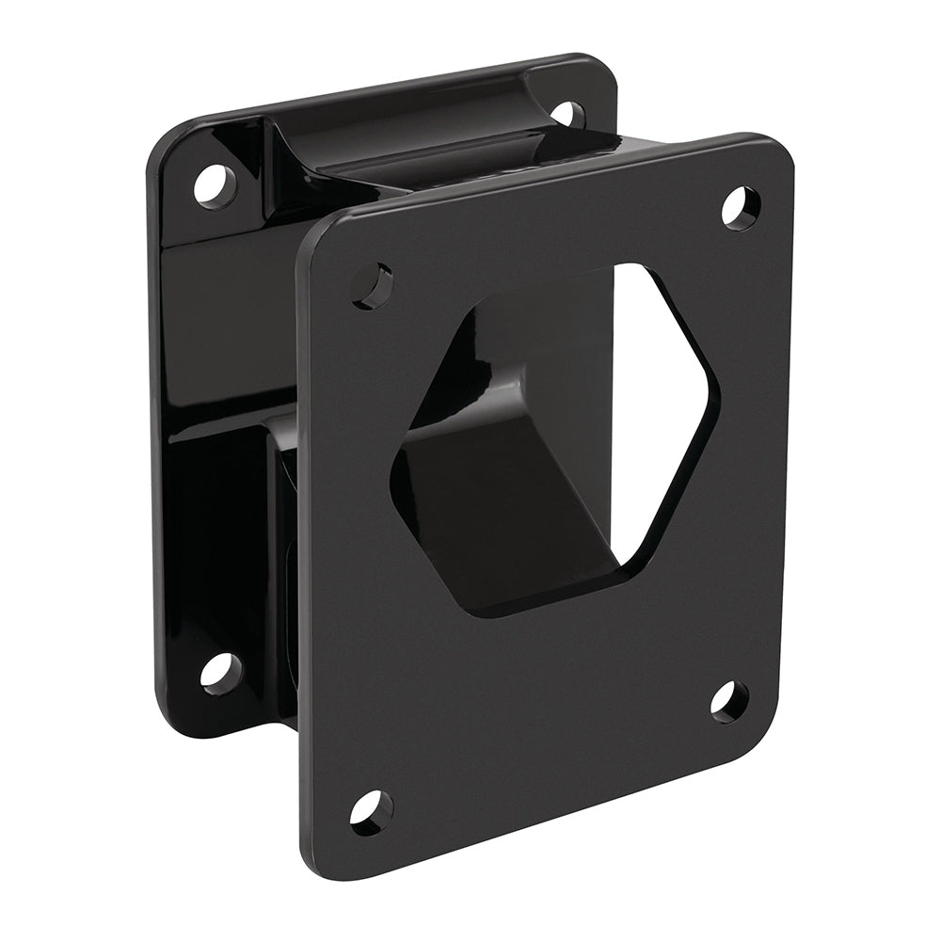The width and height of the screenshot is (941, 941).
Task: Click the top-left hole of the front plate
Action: point(372,284)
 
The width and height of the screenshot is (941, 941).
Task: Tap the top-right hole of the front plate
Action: point(740,206)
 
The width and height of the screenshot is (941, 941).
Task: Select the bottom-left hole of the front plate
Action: point(371,810)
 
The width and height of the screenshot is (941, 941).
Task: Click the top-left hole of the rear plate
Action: point(215,183)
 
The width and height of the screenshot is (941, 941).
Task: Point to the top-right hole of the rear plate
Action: point(566,114)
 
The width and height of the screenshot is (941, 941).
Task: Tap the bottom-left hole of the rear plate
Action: point(221,671)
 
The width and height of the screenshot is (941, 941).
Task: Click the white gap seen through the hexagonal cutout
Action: point(659,414)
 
